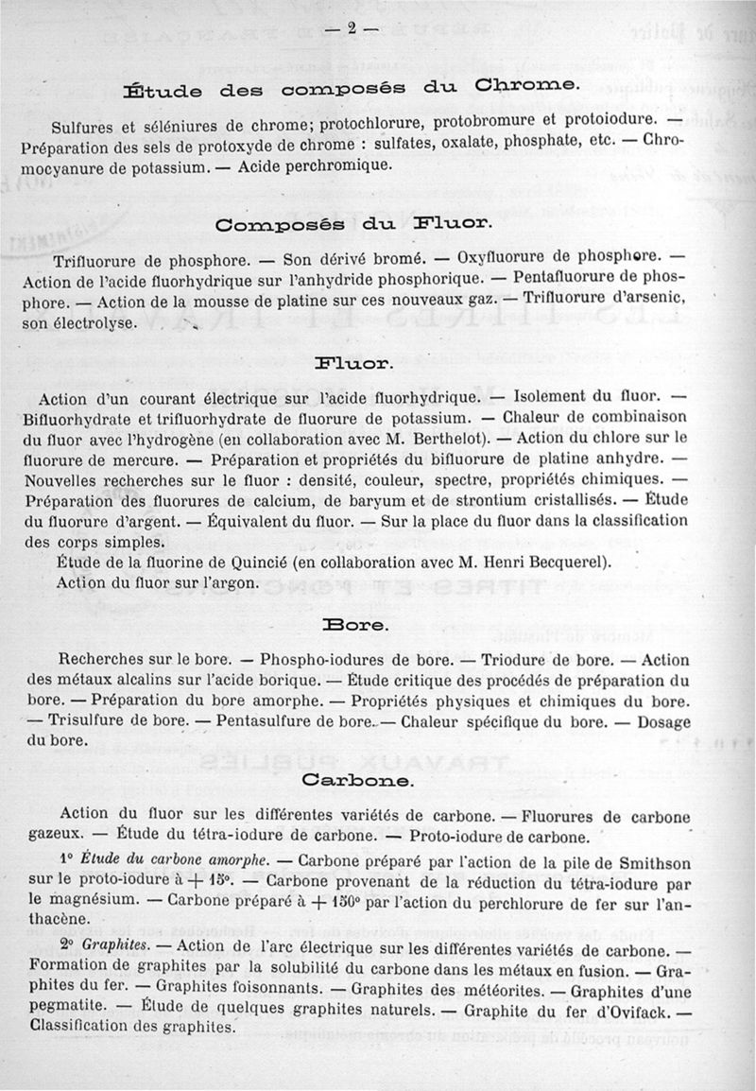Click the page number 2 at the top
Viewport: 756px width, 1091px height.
pos(350,28)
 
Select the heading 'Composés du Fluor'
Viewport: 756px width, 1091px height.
pos(352,225)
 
